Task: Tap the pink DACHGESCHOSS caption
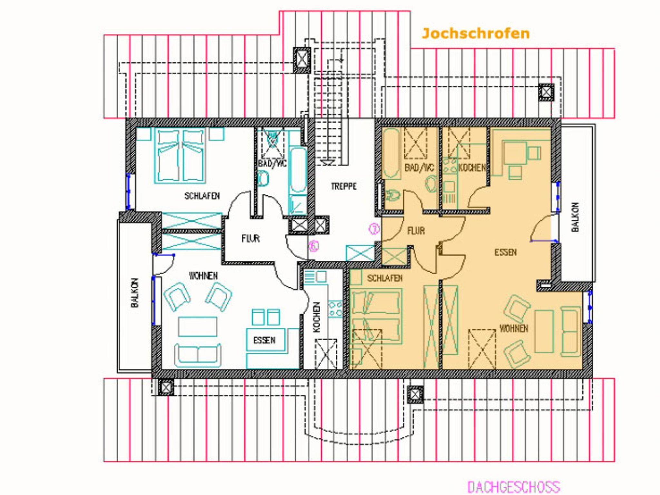click(x=514, y=486)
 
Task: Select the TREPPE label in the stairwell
click(x=344, y=186)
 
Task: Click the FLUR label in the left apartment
click(x=251, y=238)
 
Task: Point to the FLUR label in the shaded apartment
click(x=416, y=231)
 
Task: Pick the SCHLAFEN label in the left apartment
click(x=202, y=196)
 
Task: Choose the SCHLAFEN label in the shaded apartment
click(x=385, y=278)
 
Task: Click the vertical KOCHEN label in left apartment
click(x=316, y=317)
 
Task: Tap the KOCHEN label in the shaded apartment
click(x=472, y=168)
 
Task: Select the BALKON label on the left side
click(x=135, y=293)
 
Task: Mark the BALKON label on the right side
click(x=575, y=217)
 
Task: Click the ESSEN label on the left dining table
click(x=264, y=341)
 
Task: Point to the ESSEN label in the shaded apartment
click(x=506, y=252)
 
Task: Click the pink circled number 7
click(x=374, y=229)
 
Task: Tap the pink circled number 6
click(x=314, y=246)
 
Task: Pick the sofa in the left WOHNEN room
click(x=198, y=355)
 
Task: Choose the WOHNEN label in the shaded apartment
click(x=514, y=329)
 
